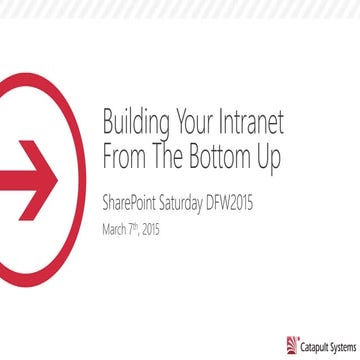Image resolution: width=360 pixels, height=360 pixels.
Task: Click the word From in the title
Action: pyautogui.click(x=124, y=156)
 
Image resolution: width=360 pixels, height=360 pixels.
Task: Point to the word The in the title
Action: pyautogui.click(x=167, y=156)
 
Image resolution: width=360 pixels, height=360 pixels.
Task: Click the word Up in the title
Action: pyautogui.click(x=266, y=156)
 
